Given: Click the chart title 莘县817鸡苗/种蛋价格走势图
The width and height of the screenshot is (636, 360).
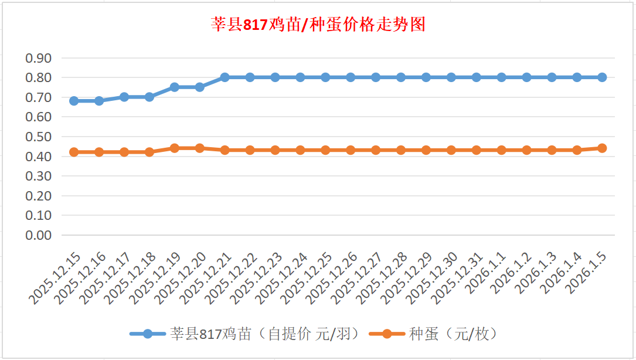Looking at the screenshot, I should click(x=318, y=25).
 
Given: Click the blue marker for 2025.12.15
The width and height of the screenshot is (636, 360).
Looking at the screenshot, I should click(x=74, y=101).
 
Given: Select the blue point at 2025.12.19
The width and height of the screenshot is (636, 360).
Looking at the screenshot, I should click(x=175, y=87).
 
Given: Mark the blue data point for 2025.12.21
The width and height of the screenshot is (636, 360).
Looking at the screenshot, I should click(x=225, y=77).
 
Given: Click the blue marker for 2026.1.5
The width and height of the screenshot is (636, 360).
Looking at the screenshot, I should click(x=602, y=77).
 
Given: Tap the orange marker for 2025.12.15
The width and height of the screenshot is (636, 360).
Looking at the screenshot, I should click(x=74, y=152).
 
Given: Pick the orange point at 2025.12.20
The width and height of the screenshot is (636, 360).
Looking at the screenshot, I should click(x=199, y=148).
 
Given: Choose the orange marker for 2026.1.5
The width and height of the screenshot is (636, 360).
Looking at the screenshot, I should click(x=602, y=148).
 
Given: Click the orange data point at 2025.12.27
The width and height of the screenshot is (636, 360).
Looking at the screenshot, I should click(x=376, y=150).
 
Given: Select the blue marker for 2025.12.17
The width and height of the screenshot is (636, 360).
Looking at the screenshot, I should click(x=124, y=97).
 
